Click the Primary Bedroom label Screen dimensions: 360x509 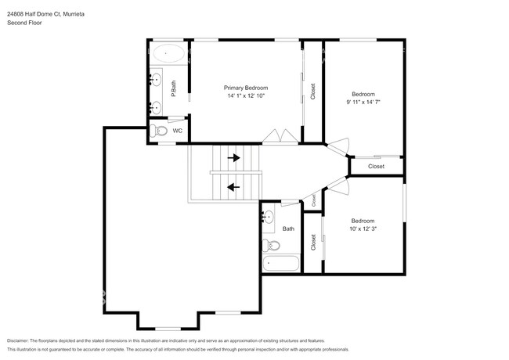click(x=246, y=88)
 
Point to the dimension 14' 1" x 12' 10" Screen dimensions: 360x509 click(x=246, y=96)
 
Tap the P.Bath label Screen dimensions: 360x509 click(x=173, y=88)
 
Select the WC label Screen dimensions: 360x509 click(x=178, y=131)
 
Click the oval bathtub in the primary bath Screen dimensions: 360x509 click(x=168, y=55)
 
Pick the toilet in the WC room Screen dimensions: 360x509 click(x=158, y=131)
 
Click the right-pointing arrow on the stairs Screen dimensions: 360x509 click(x=233, y=157)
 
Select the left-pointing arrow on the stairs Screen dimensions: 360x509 click(x=233, y=186)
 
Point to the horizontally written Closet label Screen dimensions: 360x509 click(x=376, y=166)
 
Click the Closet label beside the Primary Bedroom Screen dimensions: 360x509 click(x=312, y=92)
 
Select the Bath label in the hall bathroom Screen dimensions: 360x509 click(x=288, y=229)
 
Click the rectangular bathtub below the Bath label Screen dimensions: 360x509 click(x=281, y=263)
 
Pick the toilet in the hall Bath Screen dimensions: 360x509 click(x=271, y=245)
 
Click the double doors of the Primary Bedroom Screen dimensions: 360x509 click(x=279, y=137)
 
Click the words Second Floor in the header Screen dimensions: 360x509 click(x=25, y=23)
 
